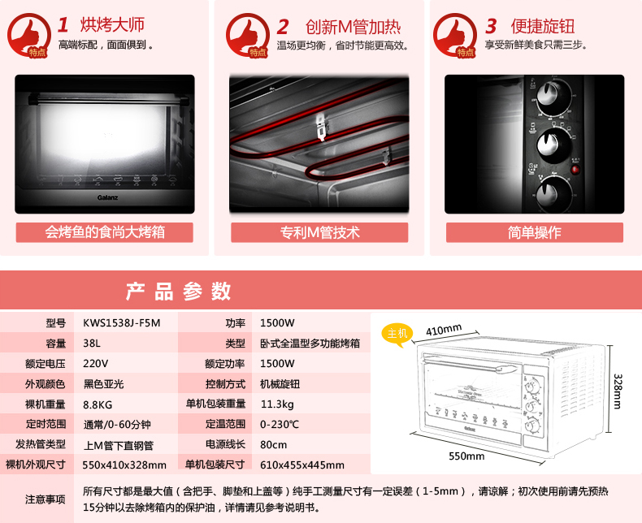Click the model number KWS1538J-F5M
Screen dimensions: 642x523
[x=122, y=323]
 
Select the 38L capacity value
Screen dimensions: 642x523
[x=92, y=343]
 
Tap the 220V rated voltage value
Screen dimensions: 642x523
[x=95, y=363]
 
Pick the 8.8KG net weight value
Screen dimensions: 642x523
[x=98, y=404]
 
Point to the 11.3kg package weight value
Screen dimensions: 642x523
[x=277, y=404]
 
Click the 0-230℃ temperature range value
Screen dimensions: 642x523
[x=280, y=425]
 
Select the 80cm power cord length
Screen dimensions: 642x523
[x=274, y=445]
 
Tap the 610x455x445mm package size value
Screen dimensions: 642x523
[x=302, y=465]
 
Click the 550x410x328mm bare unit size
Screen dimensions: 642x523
[x=124, y=465]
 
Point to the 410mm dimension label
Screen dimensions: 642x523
[x=444, y=330]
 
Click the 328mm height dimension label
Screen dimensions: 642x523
[x=618, y=391]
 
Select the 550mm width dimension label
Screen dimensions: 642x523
[x=466, y=456]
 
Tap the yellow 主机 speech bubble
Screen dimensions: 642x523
[x=397, y=335]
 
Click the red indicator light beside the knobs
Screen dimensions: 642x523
[x=575, y=170]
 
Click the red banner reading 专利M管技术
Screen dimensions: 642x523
[x=319, y=232]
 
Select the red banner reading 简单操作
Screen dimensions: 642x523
[x=535, y=232]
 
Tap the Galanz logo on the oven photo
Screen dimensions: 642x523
[x=108, y=197]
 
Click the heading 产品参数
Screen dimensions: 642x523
[x=179, y=292]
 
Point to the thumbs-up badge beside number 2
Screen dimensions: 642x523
[x=247, y=35]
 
